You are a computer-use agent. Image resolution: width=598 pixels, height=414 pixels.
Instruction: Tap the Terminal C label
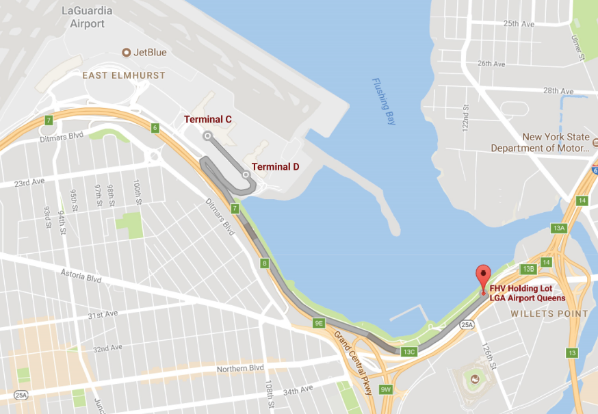click(207, 119)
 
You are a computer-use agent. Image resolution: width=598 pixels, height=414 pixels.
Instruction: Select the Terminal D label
click(275, 166)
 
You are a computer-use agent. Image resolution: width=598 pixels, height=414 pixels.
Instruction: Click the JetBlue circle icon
click(127, 52)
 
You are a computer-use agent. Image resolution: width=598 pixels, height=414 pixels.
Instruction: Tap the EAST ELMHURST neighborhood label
click(124, 75)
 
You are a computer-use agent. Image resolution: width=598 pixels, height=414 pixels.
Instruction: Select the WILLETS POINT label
click(549, 313)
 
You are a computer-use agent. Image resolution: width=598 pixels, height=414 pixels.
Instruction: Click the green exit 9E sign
click(319, 322)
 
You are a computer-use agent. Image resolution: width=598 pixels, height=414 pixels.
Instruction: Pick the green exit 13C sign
click(408, 352)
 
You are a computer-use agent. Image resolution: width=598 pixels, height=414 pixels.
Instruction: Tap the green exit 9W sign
click(386, 389)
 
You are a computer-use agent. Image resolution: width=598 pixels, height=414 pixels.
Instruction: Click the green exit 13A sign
click(559, 228)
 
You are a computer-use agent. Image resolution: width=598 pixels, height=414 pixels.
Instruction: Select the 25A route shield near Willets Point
click(467, 324)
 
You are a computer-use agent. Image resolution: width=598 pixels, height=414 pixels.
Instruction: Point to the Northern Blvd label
click(240, 369)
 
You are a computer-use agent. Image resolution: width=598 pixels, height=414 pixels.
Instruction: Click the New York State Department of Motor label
click(541, 142)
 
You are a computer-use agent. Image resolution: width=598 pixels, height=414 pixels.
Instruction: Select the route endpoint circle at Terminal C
click(207, 135)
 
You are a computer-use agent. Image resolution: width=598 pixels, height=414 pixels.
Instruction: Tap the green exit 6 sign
click(155, 128)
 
